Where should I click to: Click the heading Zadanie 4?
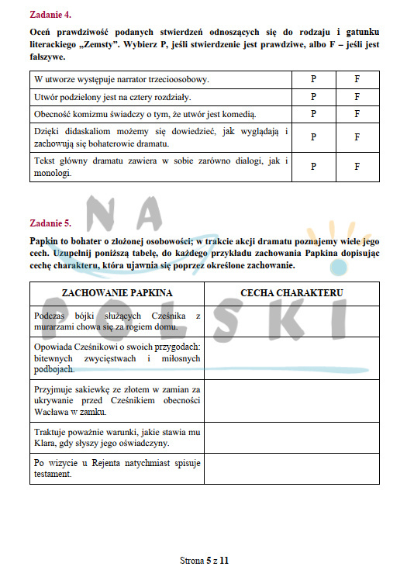51,14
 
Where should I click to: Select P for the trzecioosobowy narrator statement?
313,79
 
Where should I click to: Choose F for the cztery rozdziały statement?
357,97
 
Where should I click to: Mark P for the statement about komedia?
313,114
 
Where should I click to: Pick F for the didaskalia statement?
357,137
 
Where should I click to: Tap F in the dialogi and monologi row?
357,166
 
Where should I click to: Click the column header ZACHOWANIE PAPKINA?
117,293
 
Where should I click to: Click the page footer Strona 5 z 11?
203,558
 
